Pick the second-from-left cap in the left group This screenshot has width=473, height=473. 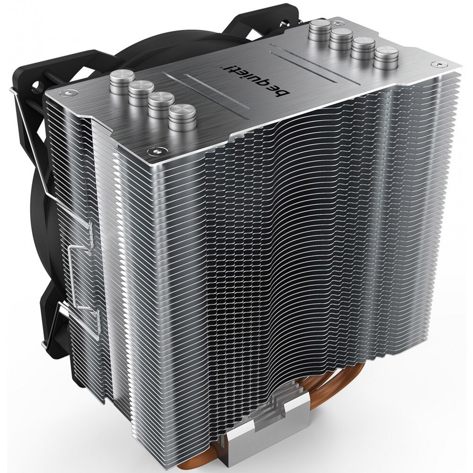141,92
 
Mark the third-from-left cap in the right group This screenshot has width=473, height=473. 363,48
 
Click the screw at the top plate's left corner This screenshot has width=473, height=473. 68,93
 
